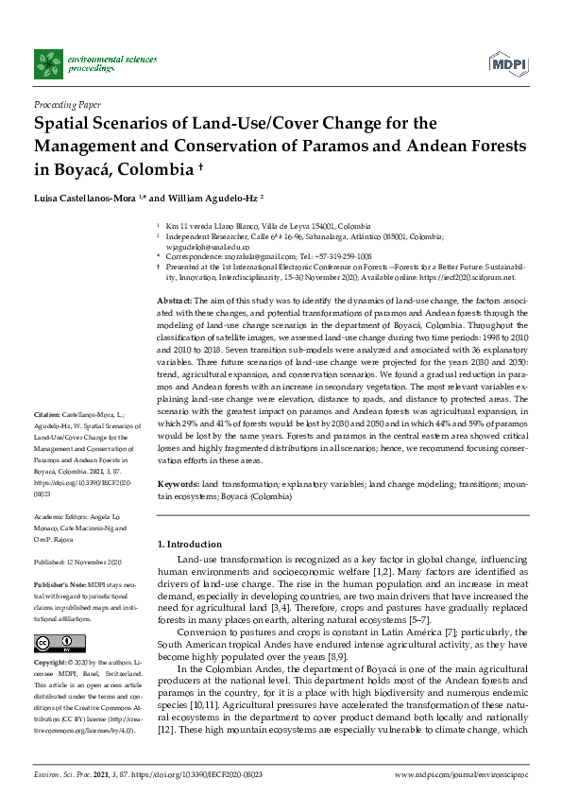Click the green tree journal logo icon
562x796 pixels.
[x=48, y=63]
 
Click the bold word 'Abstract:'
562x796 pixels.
[x=173, y=299]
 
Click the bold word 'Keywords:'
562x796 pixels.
[x=177, y=482]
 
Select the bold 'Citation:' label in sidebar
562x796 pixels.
[x=48, y=441]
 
